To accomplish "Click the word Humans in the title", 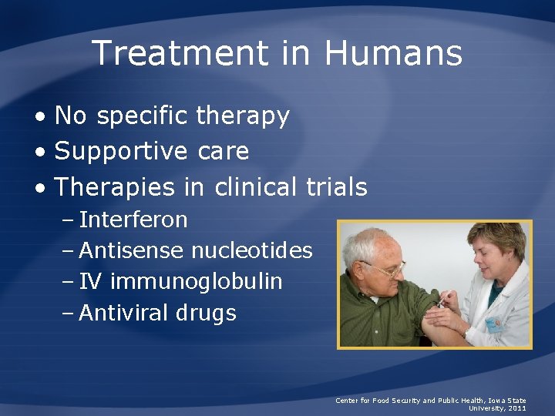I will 393,54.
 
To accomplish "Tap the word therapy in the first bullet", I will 243,116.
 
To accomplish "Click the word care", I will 223,152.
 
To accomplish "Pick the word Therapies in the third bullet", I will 116,187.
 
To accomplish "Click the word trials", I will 335,187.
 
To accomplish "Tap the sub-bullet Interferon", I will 133,220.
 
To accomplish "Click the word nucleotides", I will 252,250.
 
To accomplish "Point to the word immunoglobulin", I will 197,282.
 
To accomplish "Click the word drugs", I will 206,314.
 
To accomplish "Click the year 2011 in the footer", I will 516,408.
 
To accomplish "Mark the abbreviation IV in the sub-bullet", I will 89,282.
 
